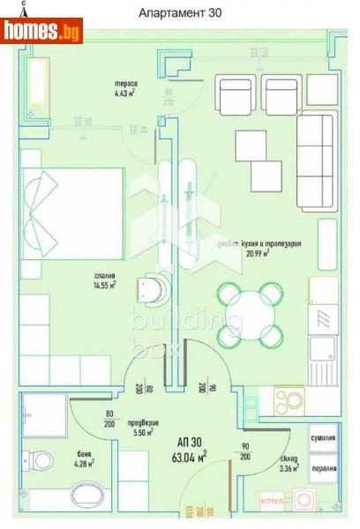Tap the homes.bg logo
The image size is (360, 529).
click(x=41, y=32)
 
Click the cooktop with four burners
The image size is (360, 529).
click(x=290, y=401)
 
